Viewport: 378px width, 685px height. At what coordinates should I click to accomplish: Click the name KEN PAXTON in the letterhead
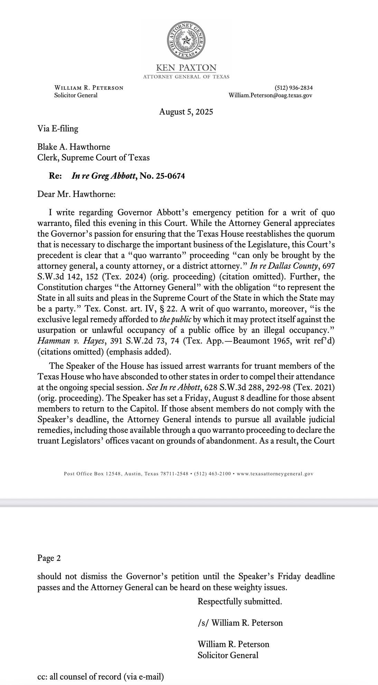click(x=186, y=68)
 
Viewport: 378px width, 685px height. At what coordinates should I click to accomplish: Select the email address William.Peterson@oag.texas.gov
click(x=271, y=95)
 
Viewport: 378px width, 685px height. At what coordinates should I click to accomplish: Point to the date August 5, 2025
click(x=186, y=112)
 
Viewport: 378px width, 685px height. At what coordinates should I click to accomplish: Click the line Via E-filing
click(x=58, y=129)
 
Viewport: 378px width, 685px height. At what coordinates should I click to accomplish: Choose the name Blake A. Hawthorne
click(x=74, y=147)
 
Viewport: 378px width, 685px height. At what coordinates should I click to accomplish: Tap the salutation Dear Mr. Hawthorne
click(x=76, y=194)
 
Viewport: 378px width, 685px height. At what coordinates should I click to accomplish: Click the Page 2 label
click(x=49, y=558)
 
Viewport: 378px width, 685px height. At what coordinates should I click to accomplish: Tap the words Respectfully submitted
click(x=240, y=602)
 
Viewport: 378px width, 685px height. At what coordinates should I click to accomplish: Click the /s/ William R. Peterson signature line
click(x=240, y=623)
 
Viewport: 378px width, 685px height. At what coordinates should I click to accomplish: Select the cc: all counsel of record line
click(x=101, y=676)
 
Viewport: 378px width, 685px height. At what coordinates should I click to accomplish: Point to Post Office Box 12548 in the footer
click(x=92, y=474)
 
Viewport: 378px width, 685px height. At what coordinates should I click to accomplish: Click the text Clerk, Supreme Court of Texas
click(x=93, y=158)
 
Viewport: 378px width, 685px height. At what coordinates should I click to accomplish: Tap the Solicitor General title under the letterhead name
click(x=76, y=95)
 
